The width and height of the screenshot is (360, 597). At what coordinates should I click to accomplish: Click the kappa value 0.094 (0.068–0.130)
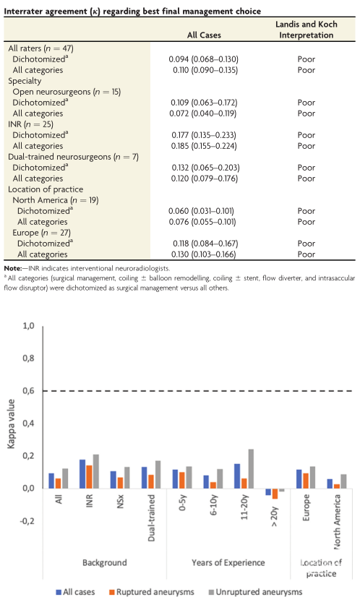click(203, 59)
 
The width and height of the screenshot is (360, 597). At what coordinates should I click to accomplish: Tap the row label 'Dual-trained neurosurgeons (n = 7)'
click(74, 157)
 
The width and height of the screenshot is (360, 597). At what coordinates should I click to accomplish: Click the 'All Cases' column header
click(204, 35)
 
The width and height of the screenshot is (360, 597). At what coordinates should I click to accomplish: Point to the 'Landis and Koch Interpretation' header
click(307, 30)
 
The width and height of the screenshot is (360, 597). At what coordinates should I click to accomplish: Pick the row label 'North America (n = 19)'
click(56, 200)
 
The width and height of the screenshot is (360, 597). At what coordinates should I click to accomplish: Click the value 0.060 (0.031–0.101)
click(201, 211)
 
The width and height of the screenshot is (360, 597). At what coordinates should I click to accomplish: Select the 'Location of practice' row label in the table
click(46, 189)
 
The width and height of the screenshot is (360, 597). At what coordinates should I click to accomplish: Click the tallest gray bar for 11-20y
click(251, 468)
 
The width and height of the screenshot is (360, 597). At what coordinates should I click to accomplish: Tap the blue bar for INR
click(82, 474)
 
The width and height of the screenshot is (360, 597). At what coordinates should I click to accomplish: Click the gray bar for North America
click(343, 481)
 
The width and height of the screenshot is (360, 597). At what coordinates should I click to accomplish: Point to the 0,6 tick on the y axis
click(29, 390)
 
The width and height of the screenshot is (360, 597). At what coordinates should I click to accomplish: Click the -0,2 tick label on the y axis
click(27, 521)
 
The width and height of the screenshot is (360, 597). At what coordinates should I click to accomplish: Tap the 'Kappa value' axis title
click(11, 424)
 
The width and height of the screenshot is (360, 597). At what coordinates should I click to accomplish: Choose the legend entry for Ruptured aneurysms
click(152, 592)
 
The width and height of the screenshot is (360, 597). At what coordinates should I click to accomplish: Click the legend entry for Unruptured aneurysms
click(255, 592)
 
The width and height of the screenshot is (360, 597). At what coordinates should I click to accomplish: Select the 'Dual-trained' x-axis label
click(151, 517)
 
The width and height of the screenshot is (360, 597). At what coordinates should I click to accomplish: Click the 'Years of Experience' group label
click(228, 562)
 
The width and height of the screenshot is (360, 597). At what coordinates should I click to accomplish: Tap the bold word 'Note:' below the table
click(13, 268)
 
